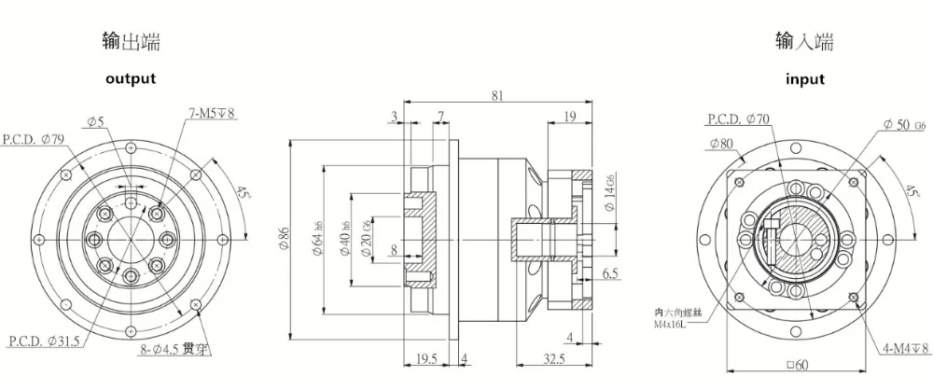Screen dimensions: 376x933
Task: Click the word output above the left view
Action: click(x=130, y=79)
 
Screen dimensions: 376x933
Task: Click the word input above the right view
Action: click(x=804, y=79)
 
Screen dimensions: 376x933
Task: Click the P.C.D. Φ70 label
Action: click(x=737, y=119)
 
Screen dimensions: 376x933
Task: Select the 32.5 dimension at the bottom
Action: click(x=554, y=357)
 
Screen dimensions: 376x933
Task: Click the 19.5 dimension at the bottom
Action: click(x=425, y=357)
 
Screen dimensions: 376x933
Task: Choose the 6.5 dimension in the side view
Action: click(x=611, y=274)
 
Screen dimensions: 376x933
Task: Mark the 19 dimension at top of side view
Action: click(x=569, y=116)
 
